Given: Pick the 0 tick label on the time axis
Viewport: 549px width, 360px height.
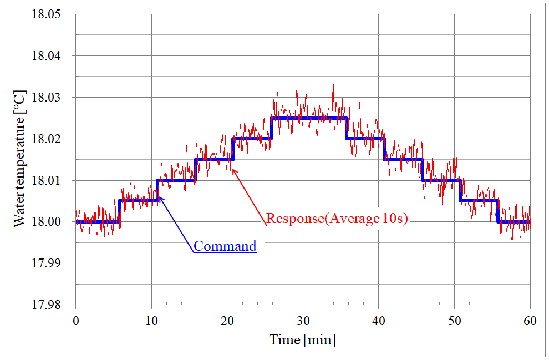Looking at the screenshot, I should coord(76,320).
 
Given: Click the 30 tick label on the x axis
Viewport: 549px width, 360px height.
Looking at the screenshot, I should coord(303,320).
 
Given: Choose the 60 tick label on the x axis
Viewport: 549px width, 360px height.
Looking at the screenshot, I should coord(530,320).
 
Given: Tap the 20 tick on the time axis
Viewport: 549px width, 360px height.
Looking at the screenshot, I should coord(227,320).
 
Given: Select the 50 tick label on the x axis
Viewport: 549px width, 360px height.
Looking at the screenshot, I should coord(454,320).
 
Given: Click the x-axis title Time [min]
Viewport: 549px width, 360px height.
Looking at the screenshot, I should coord(303,339).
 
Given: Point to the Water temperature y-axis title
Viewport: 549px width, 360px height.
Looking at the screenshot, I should coord(19,160).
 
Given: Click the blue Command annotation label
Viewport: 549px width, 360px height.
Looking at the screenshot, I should coord(225,246).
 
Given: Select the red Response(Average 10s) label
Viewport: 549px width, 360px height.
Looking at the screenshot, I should coord(337,219).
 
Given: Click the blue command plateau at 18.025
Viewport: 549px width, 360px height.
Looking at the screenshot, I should coord(308,118).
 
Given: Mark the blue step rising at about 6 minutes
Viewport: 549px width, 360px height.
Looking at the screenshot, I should coord(119,211).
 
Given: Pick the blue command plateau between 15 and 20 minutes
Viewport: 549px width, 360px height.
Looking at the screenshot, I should coord(213,160).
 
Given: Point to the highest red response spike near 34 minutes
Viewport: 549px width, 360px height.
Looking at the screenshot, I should coord(333,84).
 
